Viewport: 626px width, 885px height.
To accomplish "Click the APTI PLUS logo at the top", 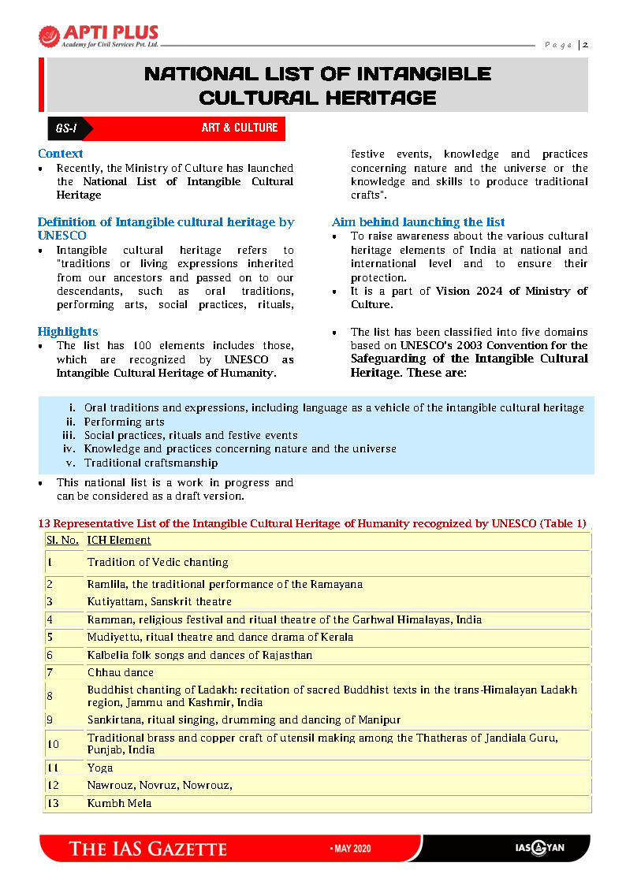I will click(x=99, y=36).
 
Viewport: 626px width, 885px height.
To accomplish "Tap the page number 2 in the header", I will click(x=585, y=45).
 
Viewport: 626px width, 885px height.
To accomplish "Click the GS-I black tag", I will click(x=65, y=128).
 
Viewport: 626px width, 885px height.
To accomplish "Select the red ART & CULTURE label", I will click(x=240, y=128).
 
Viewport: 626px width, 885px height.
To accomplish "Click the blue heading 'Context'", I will click(x=60, y=154).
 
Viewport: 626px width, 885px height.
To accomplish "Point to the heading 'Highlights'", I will click(x=68, y=332).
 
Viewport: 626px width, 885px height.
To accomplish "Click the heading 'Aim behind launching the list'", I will click(x=419, y=222).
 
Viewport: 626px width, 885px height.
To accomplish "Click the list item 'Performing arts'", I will click(x=125, y=422).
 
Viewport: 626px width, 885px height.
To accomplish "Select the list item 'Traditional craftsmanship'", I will click(x=151, y=463).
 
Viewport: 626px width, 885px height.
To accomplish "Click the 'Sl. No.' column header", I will click(x=62, y=541).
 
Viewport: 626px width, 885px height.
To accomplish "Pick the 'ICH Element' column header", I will click(x=119, y=541).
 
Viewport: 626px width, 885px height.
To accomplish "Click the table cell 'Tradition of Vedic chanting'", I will click(x=158, y=563).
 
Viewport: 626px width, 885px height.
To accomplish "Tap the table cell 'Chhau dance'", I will click(x=121, y=673).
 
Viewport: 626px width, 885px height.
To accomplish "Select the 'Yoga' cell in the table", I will click(x=100, y=768).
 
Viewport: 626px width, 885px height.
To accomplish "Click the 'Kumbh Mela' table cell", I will click(x=119, y=804).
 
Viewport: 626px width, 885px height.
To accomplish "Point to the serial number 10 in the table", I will click(x=53, y=744).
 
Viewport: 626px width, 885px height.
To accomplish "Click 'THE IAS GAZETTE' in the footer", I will click(x=148, y=849).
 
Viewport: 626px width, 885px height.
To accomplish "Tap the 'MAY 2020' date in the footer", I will click(x=349, y=849).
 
